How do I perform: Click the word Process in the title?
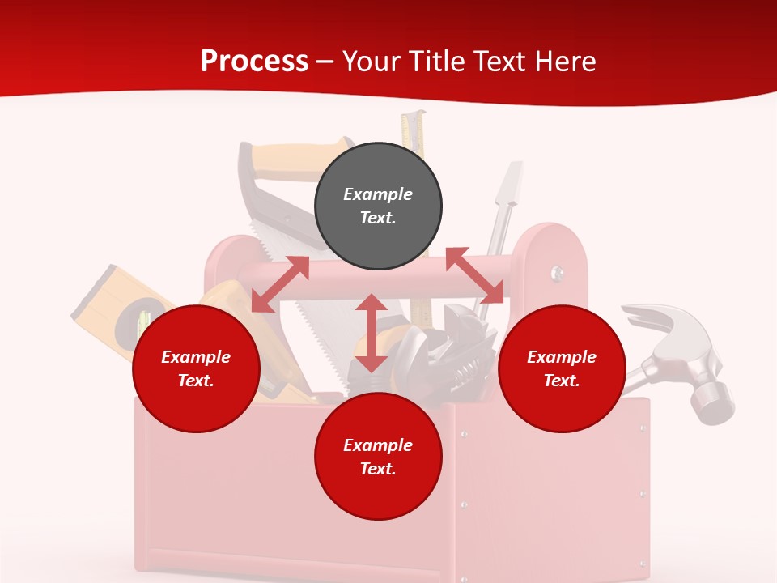click(254, 62)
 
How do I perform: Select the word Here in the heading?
click(566, 62)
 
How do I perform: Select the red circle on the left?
click(196, 368)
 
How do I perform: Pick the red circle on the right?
click(562, 368)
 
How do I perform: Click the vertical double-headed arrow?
click(372, 333)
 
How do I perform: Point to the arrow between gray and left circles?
click(280, 284)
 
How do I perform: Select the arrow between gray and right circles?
click(474, 275)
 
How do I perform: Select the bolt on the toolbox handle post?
click(558, 273)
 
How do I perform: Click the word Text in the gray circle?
click(378, 218)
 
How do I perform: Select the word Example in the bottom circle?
click(378, 445)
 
